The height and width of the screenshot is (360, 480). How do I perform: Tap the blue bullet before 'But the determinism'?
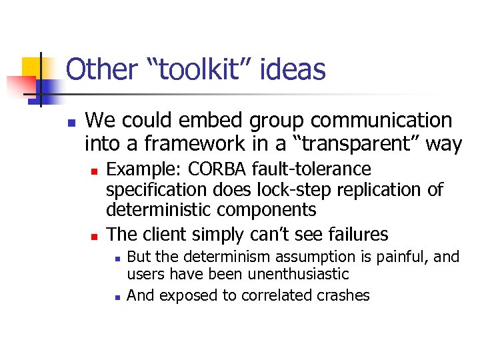coord(117,257)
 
